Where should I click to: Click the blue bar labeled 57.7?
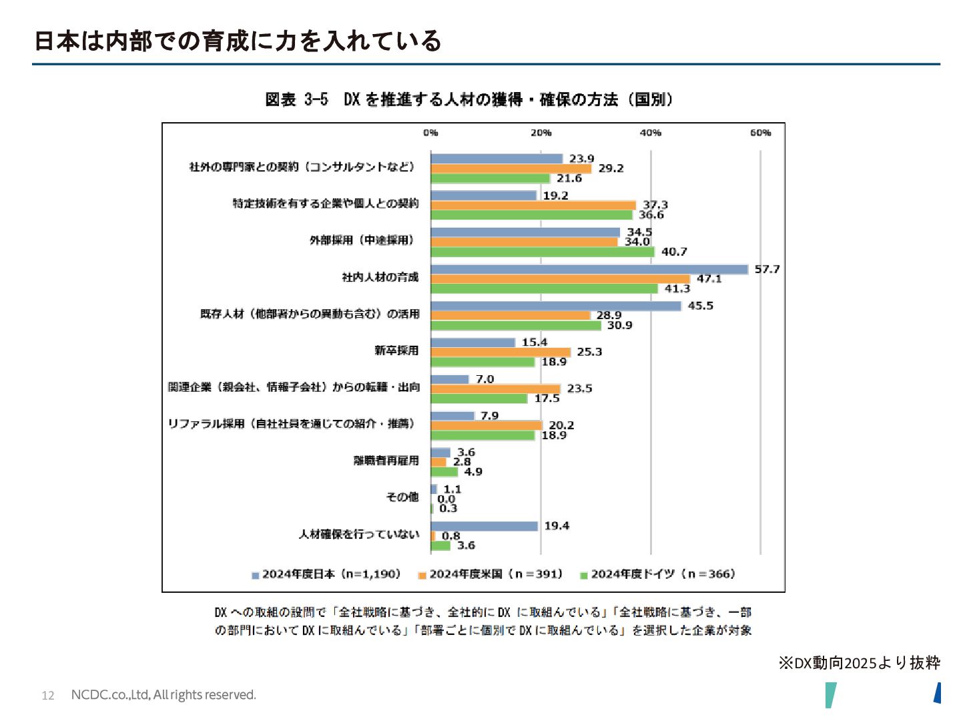coord(589,269)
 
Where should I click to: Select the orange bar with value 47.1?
coord(560,279)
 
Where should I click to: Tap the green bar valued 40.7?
coord(543,252)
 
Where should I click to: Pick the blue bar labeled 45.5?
coord(556,306)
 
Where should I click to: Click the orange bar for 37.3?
coord(533,205)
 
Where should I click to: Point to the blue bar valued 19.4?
coord(484,526)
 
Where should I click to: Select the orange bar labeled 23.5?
coord(495,389)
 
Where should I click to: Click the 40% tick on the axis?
coord(651,133)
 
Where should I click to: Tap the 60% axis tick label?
coord(760,133)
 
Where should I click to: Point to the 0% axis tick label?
coord(430,133)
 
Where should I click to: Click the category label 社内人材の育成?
coord(380,277)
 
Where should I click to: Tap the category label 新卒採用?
coord(396,350)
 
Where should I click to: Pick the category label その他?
coord(402,497)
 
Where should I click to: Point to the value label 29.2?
coord(611,168)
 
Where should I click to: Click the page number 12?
coord(48,696)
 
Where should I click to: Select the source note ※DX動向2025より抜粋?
coord(859,663)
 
